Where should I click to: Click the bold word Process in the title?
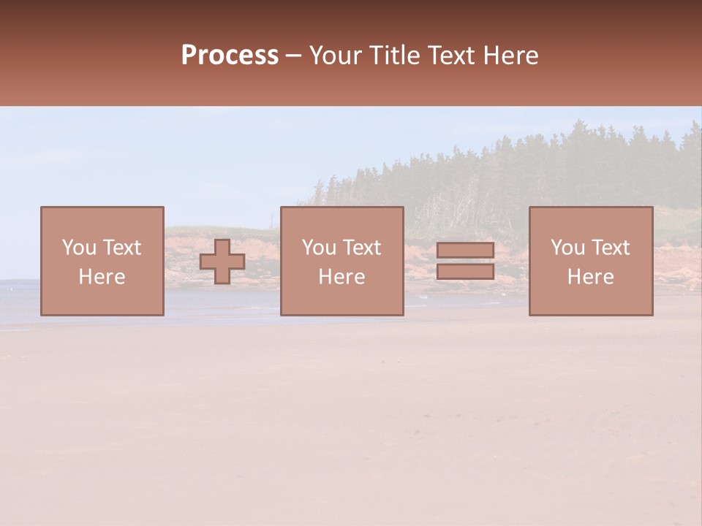[x=230, y=56]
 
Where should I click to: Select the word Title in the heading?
[x=395, y=56]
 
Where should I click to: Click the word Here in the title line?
[x=512, y=56]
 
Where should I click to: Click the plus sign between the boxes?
[x=222, y=262]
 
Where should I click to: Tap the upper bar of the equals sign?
[x=465, y=251]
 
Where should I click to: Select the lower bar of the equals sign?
[x=465, y=272]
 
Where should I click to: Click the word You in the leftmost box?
[x=79, y=248]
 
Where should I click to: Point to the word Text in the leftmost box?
[x=121, y=248]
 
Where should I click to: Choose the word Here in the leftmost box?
[x=102, y=277]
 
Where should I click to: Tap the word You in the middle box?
[x=319, y=248]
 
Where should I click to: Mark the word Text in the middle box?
[x=361, y=248]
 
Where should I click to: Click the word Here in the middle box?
[x=341, y=277]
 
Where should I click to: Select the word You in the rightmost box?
[x=567, y=248]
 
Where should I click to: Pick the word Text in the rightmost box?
[x=610, y=248]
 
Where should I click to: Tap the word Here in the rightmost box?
[x=590, y=277]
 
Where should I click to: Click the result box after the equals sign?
[x=591, y=300]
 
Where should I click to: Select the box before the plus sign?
[x=102, y=300]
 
